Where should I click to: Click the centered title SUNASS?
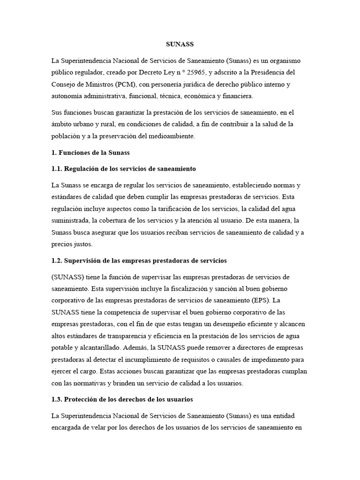tap(180, 45)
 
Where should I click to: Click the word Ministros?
tap(102, 84)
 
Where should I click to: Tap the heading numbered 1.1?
tap(124, 168)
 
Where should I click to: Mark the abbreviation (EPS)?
tap(257, 300)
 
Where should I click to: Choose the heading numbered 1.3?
tap(122, 399)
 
